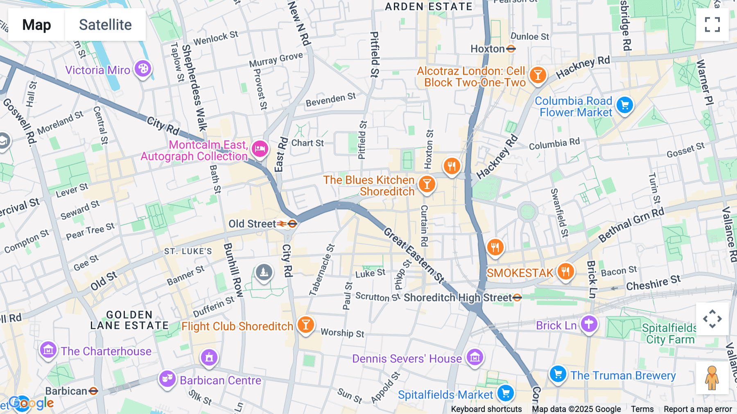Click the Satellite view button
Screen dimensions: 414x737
(105, 25)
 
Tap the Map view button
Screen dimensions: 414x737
(36, 25)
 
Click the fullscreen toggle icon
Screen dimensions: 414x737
(712, 25)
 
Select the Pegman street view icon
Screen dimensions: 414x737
(712, 378)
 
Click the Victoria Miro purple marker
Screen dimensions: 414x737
(143, 69)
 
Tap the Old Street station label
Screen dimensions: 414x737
(252, 224)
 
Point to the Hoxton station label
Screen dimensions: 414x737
(488, 49)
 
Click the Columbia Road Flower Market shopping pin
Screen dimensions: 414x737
(624, 105)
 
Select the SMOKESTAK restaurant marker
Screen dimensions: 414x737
(565, 271)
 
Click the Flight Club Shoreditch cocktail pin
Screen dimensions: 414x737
(305, 325)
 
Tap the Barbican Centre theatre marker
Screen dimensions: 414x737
(167, 379)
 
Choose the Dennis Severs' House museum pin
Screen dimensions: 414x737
(475, 357)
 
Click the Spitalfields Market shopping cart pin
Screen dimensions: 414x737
(506, 394)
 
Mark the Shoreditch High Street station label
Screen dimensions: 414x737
(458, 298)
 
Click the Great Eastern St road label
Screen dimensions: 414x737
(414, 256)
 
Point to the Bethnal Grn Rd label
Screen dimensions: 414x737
(631, 225)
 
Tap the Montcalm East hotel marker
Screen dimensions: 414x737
(260, 149)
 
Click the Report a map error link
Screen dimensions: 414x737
(698, 409)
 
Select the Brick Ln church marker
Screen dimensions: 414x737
(589, 324)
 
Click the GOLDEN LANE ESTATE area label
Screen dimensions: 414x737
(129, 320)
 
